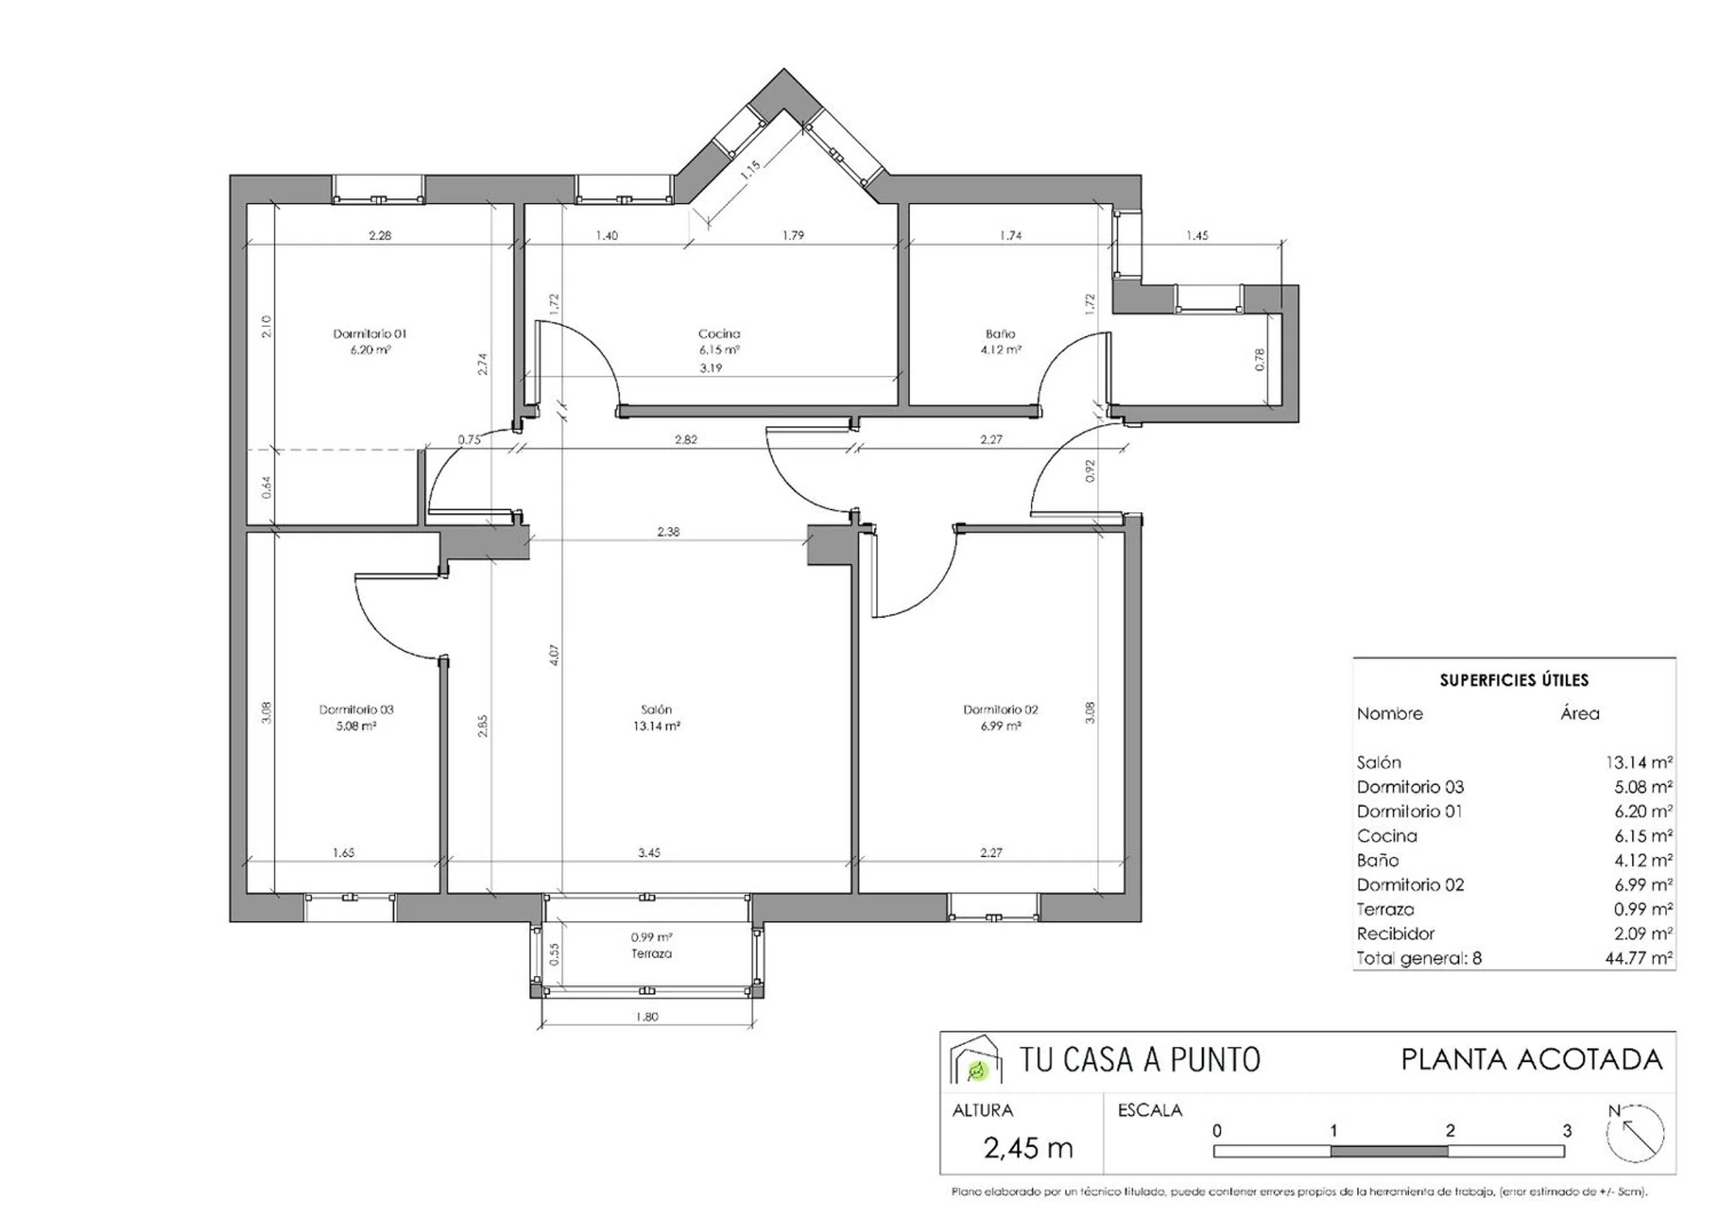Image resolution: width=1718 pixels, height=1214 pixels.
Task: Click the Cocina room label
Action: [x=719, y=333]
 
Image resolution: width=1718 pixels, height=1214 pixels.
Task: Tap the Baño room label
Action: [x=1000, y=333]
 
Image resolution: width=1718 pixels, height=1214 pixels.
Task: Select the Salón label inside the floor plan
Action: [x=655, y=710]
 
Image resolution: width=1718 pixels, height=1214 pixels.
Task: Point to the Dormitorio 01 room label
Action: [x=370, y=333]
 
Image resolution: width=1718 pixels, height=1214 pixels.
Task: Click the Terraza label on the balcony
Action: [x=651, y=953]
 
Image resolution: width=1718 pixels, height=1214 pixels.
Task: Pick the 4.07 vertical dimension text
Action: [x=554, y=655]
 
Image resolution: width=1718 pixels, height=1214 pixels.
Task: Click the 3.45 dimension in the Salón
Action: [x=649, y=852]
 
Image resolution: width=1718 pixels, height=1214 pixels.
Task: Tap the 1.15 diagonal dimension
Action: [x=750, y=169]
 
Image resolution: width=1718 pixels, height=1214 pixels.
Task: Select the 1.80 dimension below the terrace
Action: [x=647, y=1017]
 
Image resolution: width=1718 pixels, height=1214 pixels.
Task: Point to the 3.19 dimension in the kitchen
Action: [x=711, y=367]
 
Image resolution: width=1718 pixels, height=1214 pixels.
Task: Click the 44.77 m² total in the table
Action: [x=1639, y=958]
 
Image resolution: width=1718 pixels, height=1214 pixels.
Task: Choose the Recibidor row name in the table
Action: [x=1396, y=933]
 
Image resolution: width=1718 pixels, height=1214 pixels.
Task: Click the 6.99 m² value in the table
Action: [x=1644, y=885]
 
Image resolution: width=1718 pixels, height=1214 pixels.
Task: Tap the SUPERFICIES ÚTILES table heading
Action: [x=1514, y=680]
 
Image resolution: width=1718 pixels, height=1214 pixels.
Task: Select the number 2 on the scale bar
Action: [x=1450, y=1131]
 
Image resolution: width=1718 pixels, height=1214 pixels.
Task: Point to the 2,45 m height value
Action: [x=1028, y=1148]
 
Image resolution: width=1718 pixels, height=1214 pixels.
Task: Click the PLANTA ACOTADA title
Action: [x=1532, y=1059]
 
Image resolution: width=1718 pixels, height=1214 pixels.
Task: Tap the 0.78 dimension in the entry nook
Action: [x=1259, y=359]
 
